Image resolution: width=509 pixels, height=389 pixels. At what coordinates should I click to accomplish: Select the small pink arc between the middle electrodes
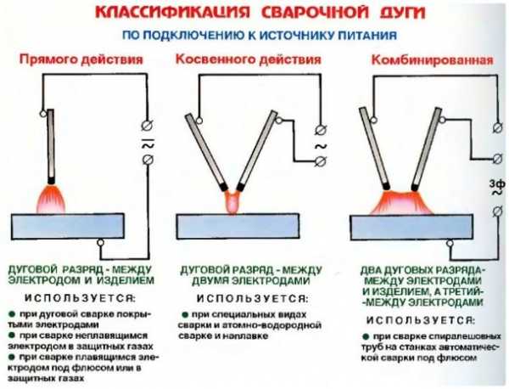(x=232, y=202)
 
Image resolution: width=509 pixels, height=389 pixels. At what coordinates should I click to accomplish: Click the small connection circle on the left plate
(x=102, y=242)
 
